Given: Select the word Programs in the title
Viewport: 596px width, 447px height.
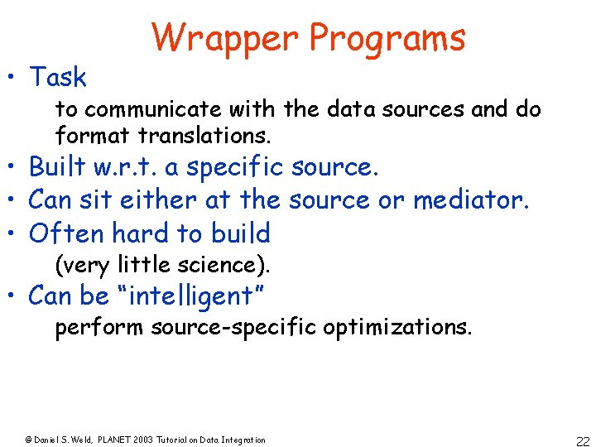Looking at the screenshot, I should pyautogui.click(x=387, y=38).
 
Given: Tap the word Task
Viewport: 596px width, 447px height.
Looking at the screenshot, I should pyautogui.click(x=58, y=77).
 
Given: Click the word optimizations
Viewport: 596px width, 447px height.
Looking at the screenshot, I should pyautogui.click(x=397, y=328).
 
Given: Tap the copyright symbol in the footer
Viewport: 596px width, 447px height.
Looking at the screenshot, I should pyautogui.click(x=27, y=440).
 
